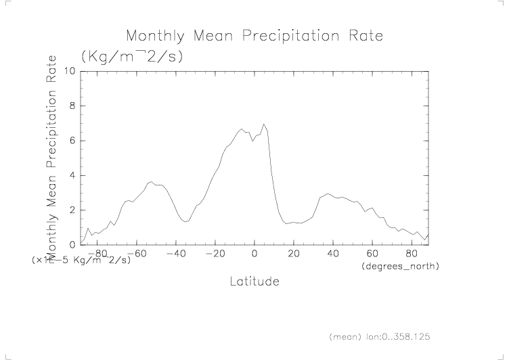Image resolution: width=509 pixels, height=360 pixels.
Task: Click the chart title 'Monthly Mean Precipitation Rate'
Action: point(255,35)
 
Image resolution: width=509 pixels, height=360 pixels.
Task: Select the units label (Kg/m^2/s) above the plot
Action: point(133,56)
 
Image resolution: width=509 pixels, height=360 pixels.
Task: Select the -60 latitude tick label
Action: point(137,254)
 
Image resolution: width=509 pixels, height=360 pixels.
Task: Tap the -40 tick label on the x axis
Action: point(176,254)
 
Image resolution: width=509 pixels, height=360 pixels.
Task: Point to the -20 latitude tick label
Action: point(215,254)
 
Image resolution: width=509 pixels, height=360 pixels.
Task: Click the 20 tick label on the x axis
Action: point(293,254)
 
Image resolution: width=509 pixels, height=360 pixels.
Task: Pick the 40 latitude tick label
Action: point(332,254)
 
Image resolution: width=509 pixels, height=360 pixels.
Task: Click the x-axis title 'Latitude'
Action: point(255,280)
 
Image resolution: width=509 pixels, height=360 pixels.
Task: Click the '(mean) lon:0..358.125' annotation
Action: point(380,336)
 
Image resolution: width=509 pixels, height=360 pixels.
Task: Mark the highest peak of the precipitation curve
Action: point(264,125)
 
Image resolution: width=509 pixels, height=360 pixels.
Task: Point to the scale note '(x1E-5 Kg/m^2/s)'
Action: point(81,260)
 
